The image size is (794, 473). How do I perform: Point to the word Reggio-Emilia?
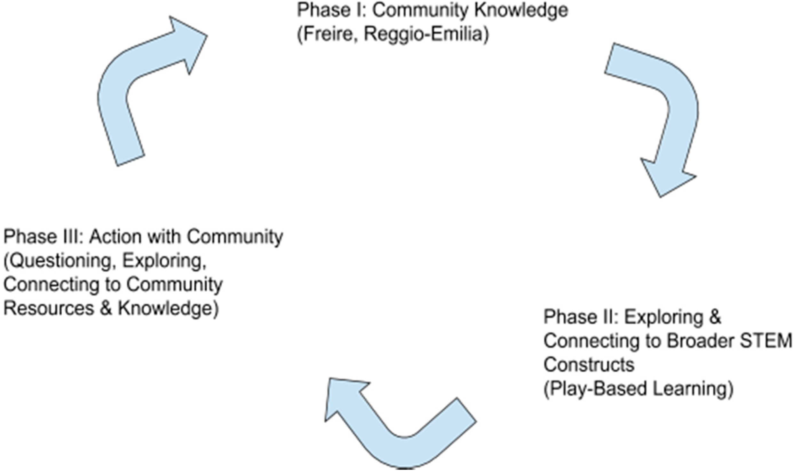425,34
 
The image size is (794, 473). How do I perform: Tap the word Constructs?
589,365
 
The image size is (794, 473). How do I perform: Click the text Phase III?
43,237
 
